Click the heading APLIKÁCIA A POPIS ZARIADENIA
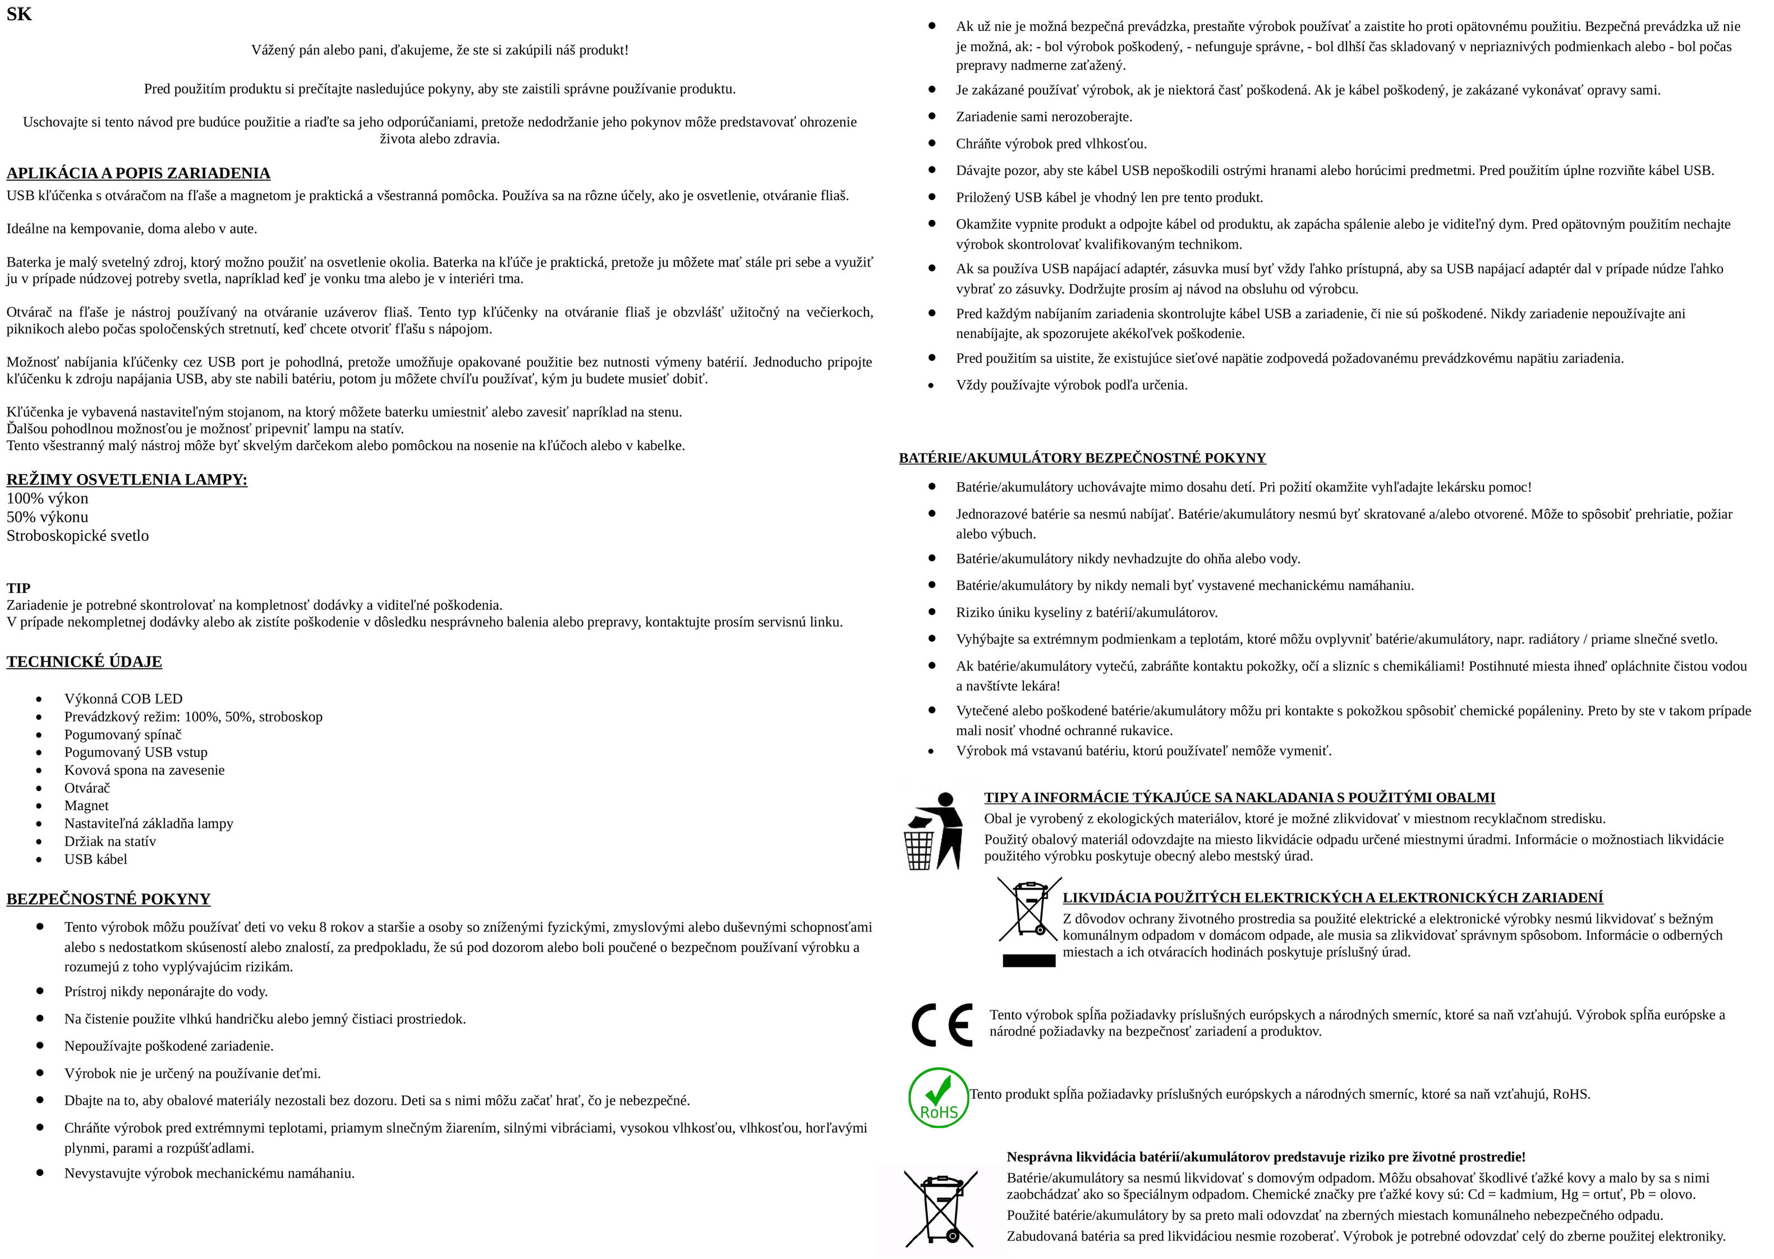(138, 173)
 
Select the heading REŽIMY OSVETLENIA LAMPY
(126, 479)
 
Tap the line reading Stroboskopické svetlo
(77, 536)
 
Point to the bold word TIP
(19, 587)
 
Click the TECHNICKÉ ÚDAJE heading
(84, 661)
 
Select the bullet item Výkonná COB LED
(123, 699)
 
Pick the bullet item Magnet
(86, 806)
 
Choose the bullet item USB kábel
(95, 859)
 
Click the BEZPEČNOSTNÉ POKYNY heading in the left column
(108, 898)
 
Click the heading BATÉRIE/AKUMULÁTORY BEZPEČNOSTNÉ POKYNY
(1082, 457)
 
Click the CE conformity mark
(941, 1025)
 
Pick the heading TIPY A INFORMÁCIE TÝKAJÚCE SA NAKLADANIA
(1239, 797)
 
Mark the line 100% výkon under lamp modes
(47, 498)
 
